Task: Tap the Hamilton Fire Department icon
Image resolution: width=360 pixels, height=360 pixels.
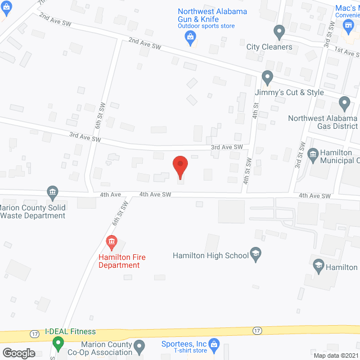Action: pos(111,243)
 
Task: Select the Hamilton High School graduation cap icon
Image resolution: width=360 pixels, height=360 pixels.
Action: pos(256,255)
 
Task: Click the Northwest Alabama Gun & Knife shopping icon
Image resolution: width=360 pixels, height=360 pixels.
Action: pos(190,38)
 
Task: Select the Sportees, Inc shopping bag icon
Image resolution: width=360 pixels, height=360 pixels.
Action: pos(213,343)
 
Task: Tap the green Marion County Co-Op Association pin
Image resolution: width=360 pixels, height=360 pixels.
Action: pos(57,343)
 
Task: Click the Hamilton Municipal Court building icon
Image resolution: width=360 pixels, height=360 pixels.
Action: pos(313,152)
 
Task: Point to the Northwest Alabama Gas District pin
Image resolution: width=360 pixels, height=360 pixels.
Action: pos(344,103)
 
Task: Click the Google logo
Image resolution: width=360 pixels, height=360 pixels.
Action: pos(18,353)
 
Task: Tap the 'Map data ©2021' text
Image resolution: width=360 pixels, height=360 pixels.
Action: pos(335,355)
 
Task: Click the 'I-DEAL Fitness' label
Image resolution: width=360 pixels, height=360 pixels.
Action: pos(70,332)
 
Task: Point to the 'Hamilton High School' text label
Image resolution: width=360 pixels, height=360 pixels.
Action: pos(210,255)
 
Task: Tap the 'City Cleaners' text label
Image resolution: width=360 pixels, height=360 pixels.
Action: pos(269,47)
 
